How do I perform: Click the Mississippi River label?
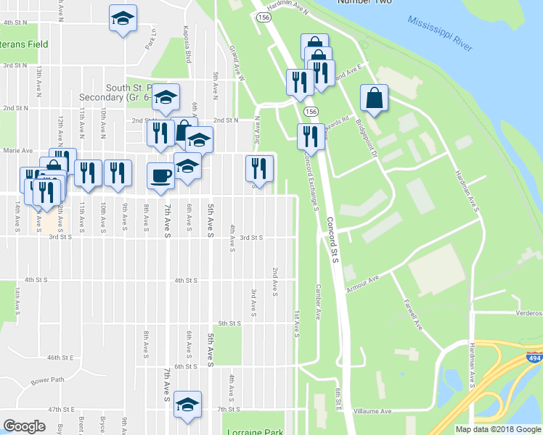click(x=441, y=34)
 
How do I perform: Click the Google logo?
click(x=25, y=426)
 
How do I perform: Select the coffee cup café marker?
click(x=160, y=175)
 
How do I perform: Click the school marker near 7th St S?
click(x=187, y=404)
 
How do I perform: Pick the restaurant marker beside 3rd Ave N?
click(x=259, y=169)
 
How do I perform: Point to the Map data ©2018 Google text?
click(x=498, y=429)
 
